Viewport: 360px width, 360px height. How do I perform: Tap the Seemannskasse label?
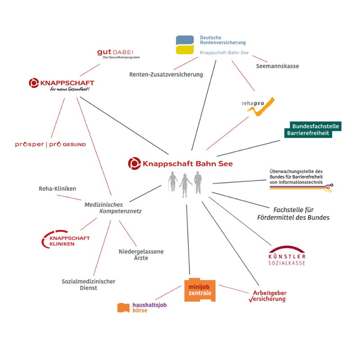coord(277,66)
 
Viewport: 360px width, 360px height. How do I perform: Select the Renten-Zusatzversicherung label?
coord(166,74)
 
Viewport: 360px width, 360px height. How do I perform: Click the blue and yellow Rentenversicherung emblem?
coord(185,45)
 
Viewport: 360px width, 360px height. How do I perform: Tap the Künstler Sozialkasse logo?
coord(286,256)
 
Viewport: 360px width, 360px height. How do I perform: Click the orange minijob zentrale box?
coord(200,290)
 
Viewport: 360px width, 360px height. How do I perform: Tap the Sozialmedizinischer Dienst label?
coord(89,284)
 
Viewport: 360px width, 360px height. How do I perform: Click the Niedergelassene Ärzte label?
coord(141,254)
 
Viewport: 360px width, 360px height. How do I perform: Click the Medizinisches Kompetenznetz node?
coord(107,208)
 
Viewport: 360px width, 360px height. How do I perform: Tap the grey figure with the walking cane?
coord(172,182)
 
